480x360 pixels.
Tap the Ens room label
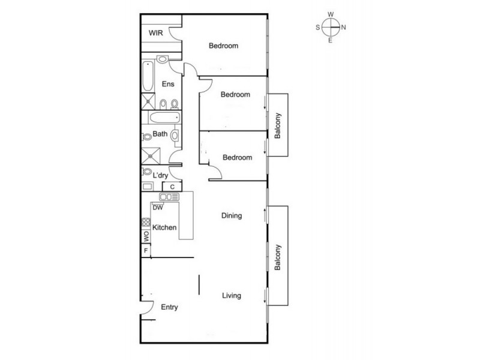pos(168,84)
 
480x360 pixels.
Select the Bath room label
pos(160,134)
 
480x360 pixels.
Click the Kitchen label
pos(164,227)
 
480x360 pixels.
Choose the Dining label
pos(232,216)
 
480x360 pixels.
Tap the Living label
pos(231,295)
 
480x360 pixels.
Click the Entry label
pos(170,307)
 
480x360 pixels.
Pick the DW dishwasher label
pos(158,208)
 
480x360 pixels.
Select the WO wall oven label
pos(145,236)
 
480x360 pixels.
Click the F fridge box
pos(145,250)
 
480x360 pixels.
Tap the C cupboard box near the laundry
pos(172,187)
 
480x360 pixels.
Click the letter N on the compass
pos(343,27)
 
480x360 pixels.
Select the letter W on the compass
pos(331,14)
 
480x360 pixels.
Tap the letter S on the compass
pos(317,27)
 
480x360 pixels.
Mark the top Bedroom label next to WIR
pos(224,46)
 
